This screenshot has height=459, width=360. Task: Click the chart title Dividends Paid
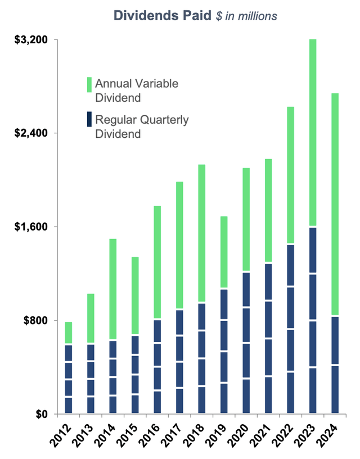163,16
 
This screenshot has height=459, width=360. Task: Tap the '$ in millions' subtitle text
246,16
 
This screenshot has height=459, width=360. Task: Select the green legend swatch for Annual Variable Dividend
89,84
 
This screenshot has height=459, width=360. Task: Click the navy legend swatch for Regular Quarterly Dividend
89,120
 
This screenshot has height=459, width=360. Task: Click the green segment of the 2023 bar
312,133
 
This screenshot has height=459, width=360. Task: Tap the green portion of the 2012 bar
69,333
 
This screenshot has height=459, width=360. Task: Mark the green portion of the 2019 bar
224,253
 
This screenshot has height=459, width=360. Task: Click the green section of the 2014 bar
112,290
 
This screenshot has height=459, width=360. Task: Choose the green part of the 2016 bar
157,263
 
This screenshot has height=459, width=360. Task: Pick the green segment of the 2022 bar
290,175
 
